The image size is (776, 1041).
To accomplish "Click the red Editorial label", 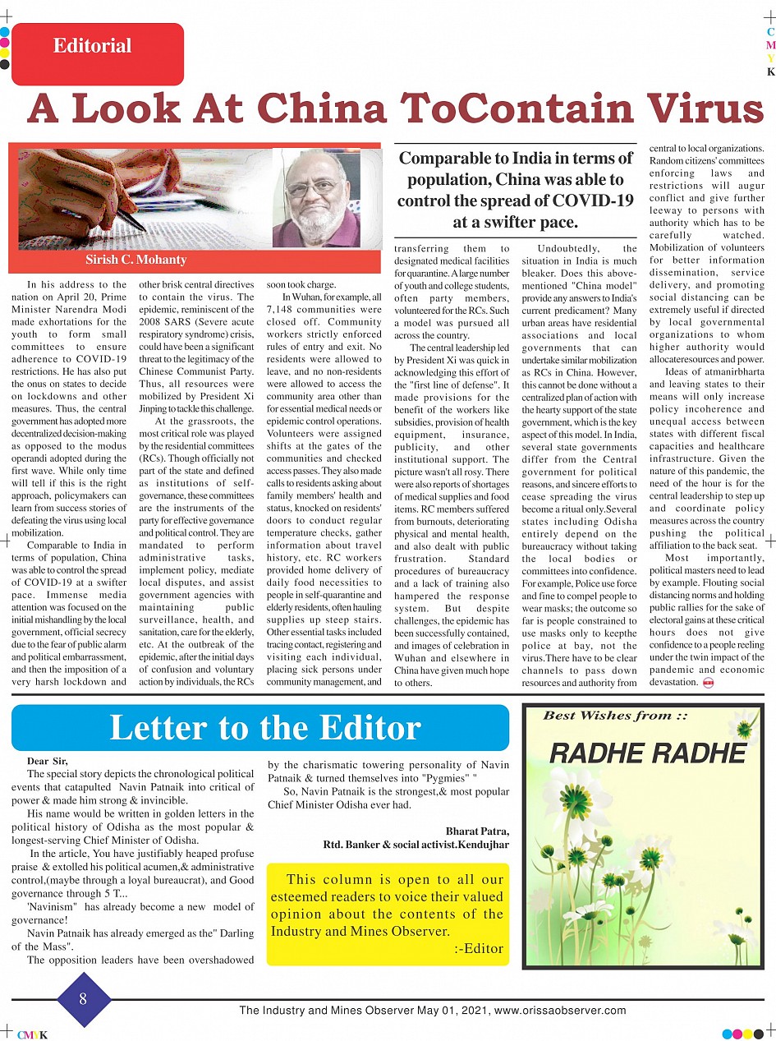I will point(93,47).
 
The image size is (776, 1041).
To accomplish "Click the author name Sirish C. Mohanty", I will point(136,260).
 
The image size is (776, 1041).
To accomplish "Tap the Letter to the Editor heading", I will point(264,728).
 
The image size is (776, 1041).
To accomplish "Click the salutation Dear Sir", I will point(48,762).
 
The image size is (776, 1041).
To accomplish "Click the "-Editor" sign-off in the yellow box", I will point(479,948).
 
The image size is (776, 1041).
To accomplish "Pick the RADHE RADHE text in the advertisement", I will point(647,753).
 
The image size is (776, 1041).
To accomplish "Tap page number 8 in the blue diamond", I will point(83,999).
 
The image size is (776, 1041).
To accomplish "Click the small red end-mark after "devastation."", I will point(708,683).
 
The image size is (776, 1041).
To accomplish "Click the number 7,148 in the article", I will point(285,310).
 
